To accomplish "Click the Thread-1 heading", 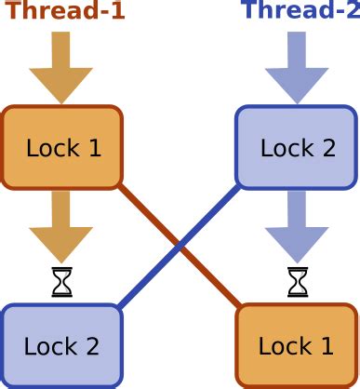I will click(63, 11).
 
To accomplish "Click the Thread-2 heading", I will click(299, 11).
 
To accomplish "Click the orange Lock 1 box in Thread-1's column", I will click(62, 147).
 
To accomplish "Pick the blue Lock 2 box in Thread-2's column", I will click(297, 147).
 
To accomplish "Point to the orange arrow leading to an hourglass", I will click(61, 226).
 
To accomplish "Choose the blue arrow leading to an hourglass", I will click(297, 226).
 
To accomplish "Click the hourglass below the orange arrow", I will click(61, 282).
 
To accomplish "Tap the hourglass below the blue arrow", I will click(297, 282).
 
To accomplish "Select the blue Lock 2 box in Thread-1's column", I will click(61, 346).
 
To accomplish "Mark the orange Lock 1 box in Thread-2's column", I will click(297, 346).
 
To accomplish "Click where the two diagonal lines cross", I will click(180, 246).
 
